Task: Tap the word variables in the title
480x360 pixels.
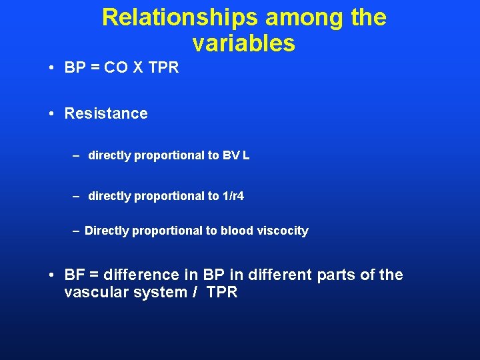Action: pos(243,43)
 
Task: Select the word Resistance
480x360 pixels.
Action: pos(106,113)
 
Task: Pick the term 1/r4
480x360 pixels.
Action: pos(231,196)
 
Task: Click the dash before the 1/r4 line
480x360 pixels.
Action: pos(77,196)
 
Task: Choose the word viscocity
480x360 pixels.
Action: pos(281,231)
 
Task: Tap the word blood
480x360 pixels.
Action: pos(236,231)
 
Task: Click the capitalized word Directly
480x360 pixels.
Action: pos(107,231)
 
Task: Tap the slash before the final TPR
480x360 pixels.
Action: pos(196,293)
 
